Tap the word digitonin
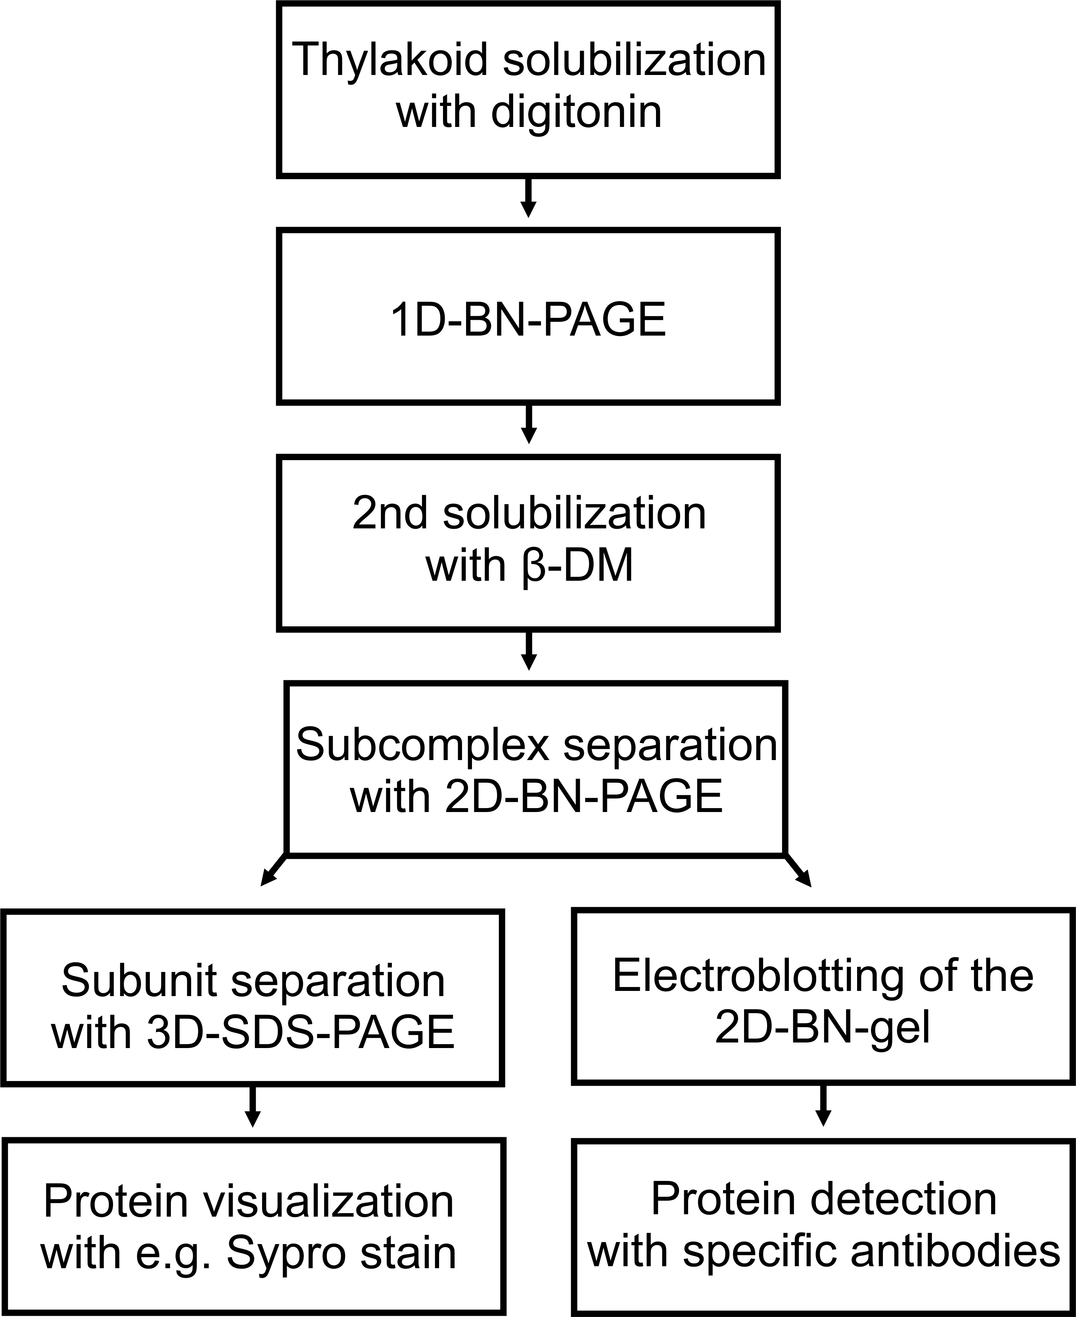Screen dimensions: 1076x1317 [576, 113]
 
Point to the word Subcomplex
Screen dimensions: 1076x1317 [423, 744]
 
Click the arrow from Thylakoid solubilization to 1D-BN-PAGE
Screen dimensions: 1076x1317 [528, 198]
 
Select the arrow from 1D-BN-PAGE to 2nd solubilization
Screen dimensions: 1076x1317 [528, 424]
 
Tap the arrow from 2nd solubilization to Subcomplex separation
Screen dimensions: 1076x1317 [528, 651]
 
